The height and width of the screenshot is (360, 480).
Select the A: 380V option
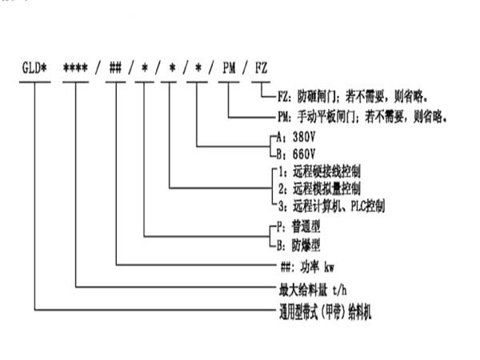[x=291, y=137]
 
